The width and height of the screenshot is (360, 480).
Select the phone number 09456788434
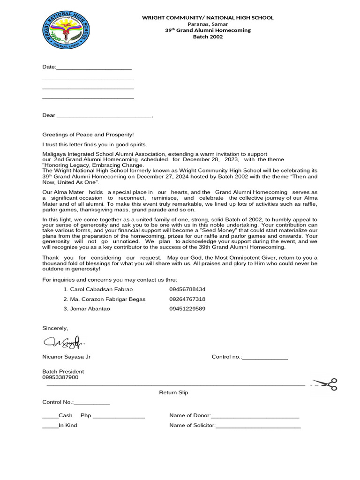click(187, 289)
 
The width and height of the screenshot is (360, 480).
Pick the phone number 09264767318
click(187, 299)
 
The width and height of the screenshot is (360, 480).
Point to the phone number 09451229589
click(187, 308)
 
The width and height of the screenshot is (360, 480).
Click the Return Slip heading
click(173, 392)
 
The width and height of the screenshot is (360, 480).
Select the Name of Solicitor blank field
click(258, 426)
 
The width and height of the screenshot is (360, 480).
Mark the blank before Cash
click(50, 416)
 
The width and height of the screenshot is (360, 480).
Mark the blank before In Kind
click(50, 426)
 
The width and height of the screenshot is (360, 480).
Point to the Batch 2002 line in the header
click(208, 37)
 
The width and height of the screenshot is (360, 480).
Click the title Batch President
click(63, 371)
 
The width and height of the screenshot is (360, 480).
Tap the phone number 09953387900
click(60, 377)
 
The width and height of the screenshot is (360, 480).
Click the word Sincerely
click(55, 328)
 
